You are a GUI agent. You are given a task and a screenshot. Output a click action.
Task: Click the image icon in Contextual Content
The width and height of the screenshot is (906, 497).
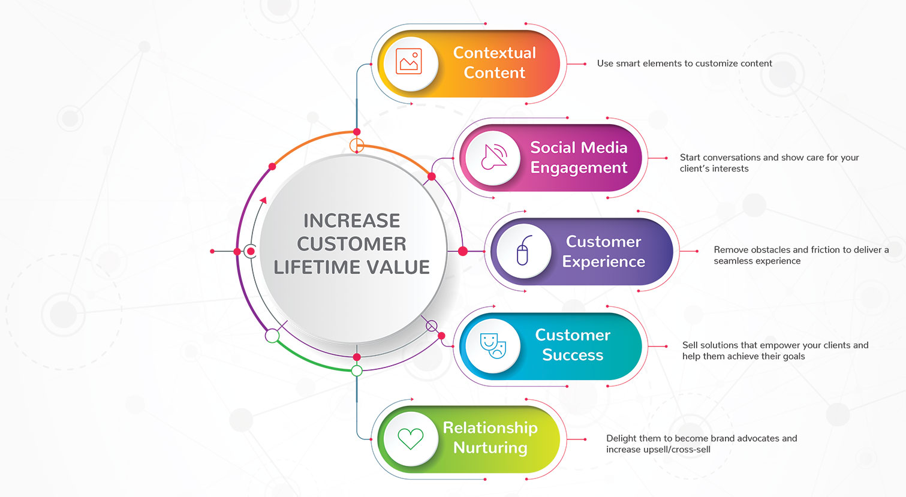tap(408, 61)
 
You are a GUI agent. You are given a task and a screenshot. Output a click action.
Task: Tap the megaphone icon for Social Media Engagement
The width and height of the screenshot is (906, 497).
tap(494, 156)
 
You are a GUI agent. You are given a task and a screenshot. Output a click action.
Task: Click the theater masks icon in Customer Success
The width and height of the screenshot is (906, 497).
tap(493, 346)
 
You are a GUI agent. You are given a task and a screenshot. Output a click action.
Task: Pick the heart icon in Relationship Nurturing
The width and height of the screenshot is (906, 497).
tap(411, 439)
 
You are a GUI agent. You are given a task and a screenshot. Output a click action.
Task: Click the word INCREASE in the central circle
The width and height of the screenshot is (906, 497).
tap(351, 221)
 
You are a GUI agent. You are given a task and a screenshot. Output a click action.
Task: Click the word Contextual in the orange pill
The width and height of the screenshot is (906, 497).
tap(495, 53)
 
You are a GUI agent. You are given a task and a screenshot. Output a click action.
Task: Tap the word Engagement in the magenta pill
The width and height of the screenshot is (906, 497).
tap(579, 168)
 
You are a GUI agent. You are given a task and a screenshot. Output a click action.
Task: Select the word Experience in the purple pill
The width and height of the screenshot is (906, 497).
tap(603, 262)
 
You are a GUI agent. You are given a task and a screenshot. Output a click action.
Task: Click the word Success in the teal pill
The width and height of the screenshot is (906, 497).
tap(573, 355)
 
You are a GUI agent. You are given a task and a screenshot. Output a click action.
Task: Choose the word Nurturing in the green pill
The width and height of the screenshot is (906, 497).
tap(490, 448)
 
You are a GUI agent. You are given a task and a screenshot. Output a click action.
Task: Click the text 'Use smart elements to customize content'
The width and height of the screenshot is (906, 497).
tap(684, 64)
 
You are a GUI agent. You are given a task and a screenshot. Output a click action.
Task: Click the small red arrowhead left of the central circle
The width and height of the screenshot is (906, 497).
tap(263, 200)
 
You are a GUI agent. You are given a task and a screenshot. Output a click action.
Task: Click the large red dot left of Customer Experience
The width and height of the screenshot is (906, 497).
tap(463, 251)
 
